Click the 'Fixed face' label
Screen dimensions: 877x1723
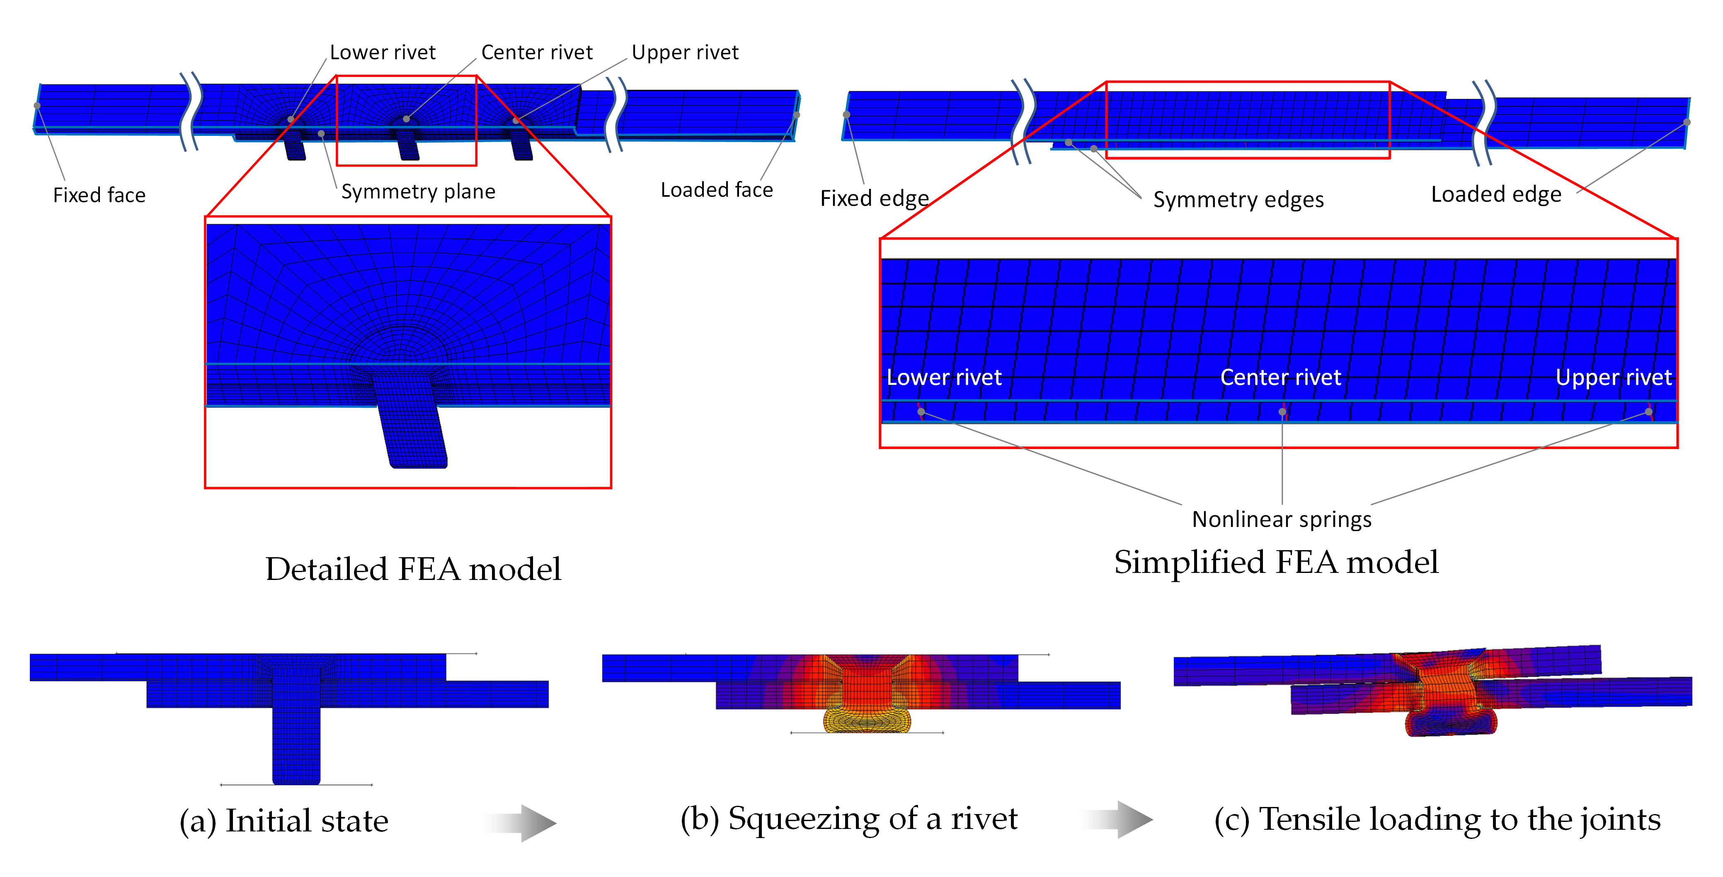(99, 195)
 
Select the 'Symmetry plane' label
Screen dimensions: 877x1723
(418, 192)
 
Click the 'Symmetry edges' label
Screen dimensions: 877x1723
(1238, 200)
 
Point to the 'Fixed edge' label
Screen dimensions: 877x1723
(874, 198)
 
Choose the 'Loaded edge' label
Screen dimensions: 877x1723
(1495, 195)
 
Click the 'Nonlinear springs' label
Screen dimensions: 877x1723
(1282, 519)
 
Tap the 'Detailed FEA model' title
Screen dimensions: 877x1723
(413, 570)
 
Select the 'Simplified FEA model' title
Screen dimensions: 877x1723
(1275, 562)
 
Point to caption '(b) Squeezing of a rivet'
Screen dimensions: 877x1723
(849, 819)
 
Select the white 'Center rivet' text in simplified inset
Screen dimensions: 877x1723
(1280, 378)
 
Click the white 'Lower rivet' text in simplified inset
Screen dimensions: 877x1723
(944, 378)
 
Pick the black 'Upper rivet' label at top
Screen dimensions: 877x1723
(685, 53)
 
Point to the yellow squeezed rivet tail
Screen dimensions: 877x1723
(867, 720)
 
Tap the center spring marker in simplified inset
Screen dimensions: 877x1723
(1282, 412)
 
